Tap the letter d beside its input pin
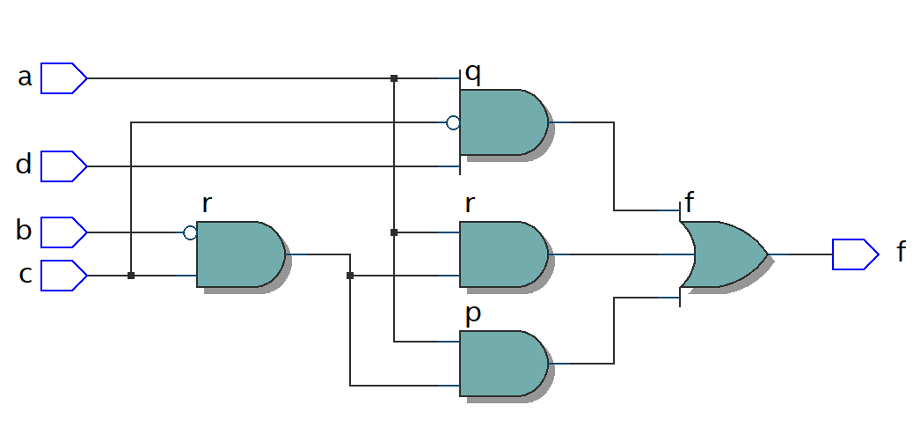[25, 165]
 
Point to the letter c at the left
[26, 276]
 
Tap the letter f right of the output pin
[901, 254]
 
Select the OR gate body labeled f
[723, 254]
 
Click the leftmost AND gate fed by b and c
[238, 254]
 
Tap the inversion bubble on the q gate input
[453, 122]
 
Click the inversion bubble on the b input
[190, 232]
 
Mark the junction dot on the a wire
[394, 78]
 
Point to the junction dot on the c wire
[131, 276]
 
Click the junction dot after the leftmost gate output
[350, 276]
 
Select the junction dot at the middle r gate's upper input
[394, 232]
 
